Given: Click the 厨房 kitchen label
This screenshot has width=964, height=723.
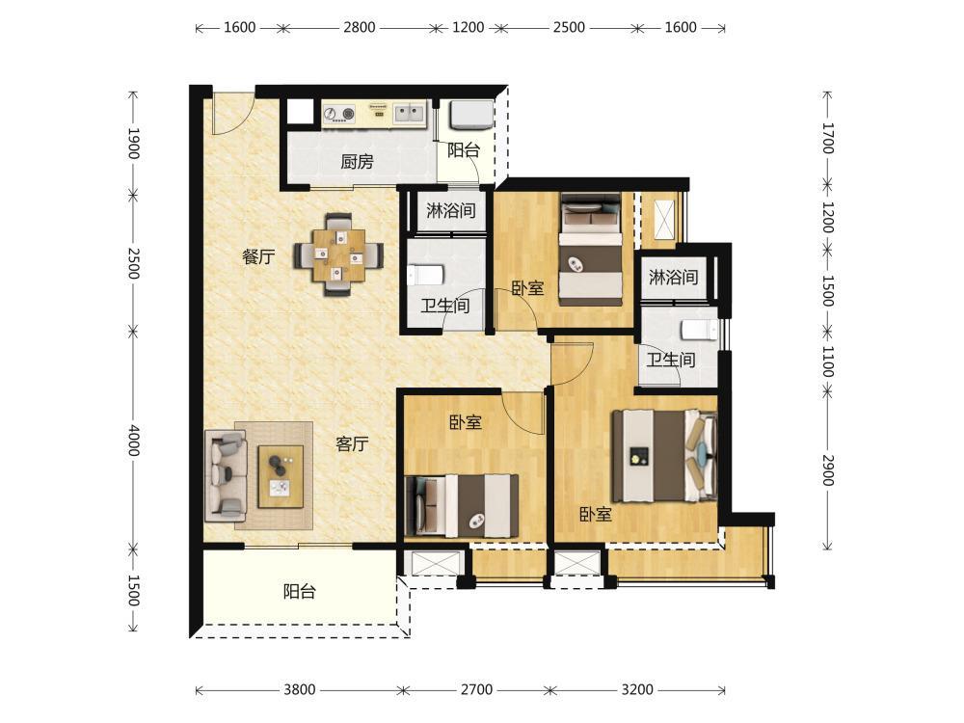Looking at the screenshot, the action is [x=358, y=162].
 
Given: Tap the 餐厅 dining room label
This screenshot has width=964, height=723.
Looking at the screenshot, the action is [x=258, y=256].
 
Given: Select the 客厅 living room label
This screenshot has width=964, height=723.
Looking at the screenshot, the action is [x=352, y=443].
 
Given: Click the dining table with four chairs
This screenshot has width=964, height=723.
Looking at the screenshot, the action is [x=338, y=254].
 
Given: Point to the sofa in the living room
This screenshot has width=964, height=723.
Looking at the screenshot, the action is [x=227, y=473].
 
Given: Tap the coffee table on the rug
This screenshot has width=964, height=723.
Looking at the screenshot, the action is [x=281, y=476].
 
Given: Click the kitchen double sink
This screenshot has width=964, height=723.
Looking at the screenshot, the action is [x=409, y=113].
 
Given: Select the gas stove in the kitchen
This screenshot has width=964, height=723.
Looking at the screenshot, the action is [x=340, y=113].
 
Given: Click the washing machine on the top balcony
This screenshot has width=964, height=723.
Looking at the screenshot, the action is [x=471, y=116].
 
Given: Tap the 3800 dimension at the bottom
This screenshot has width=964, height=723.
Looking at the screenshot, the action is [x=300, y=690].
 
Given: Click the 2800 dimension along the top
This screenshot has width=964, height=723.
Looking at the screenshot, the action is [x=360, y=28].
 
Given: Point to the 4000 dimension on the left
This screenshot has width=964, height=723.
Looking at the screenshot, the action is [x=133, y=440].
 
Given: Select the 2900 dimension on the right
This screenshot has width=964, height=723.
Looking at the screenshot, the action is [x=828, y=470].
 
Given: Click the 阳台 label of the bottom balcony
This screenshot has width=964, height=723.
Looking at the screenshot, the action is [x=300, y=592].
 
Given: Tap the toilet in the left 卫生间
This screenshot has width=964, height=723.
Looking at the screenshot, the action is [x=426, y=275].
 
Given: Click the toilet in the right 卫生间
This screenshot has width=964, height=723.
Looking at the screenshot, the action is [x=699, y=331].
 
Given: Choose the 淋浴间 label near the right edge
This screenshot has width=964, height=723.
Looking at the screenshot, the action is [x=673, y=278].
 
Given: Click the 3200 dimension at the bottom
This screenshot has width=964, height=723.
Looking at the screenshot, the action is [x=637, y=690].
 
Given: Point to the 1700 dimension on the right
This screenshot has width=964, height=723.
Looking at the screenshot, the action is [x=828, y=138].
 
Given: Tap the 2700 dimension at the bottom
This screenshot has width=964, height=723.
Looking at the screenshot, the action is [x=476, y=690].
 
